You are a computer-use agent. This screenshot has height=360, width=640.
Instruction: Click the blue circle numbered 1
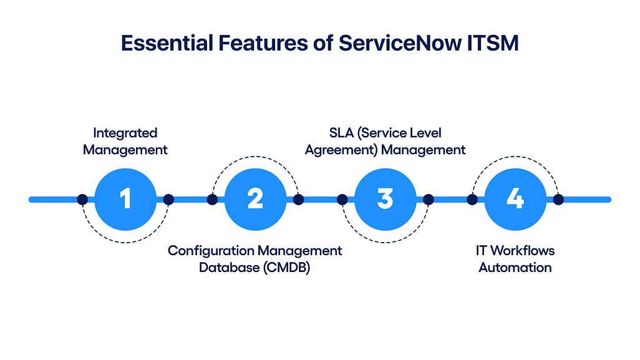coord(125,200)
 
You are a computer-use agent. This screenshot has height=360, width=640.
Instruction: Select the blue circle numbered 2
coord(255,200)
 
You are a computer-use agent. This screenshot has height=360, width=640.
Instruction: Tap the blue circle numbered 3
coord(385,200)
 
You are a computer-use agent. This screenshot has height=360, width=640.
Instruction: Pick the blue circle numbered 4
coord(515,200)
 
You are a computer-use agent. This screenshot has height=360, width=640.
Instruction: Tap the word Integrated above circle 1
coord(125,133)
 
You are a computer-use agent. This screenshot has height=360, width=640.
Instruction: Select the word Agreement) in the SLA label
coord(341,150)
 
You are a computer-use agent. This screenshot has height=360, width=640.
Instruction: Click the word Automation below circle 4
coord(515,268)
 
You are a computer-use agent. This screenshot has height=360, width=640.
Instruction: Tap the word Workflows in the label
coord(523,251)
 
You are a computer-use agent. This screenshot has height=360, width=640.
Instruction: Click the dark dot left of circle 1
coord(82,200)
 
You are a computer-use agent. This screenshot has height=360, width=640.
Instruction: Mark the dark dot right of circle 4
coord(558,200)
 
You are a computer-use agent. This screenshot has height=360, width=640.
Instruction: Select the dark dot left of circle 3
coord(342,200)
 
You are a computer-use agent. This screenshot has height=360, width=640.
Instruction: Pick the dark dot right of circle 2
coord(298,200)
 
